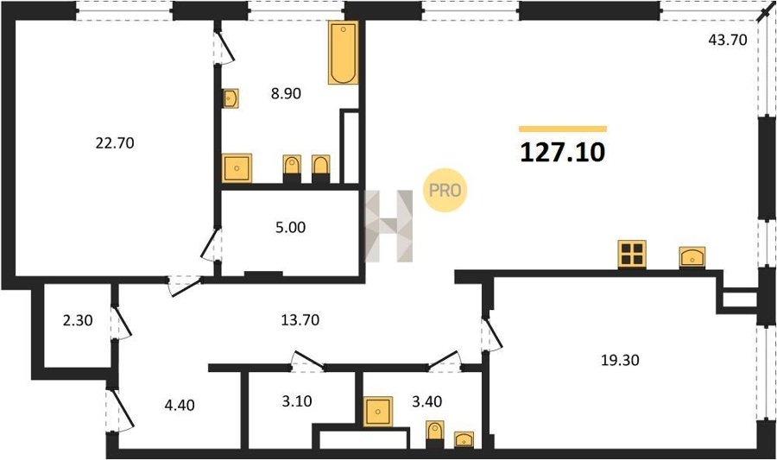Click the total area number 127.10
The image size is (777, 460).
(x=562, y=152)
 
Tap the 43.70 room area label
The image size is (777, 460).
(x=728, y=40)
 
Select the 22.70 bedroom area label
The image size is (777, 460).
(x=115, y=143)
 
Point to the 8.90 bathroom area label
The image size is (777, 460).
(x=286, y=93)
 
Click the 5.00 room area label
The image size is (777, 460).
(x=290, y=227)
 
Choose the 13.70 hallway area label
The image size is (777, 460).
(x=300, y=320)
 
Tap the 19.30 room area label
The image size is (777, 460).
(x=620, y=360)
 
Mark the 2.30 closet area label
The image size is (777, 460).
(x=78, y=320)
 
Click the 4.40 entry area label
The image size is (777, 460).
(x=180, y=405)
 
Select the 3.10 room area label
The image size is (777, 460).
(x=297, y=400)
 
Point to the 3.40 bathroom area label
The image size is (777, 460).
(x=426, y=401)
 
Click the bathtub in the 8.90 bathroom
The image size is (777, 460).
(x=343, y=53)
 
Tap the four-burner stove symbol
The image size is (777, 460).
(x=632, y=254)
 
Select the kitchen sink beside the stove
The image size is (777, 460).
(x=692, y=257)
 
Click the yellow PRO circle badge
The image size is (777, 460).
(x=445, y=190)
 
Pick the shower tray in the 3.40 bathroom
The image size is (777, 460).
(x=377, y=412)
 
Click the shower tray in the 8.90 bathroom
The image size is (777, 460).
(x=237, y=168)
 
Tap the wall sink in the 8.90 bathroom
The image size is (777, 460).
(x=231, y=98)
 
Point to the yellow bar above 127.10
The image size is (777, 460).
(x=563, y=129)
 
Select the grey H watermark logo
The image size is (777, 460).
(x=389, y=226)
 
